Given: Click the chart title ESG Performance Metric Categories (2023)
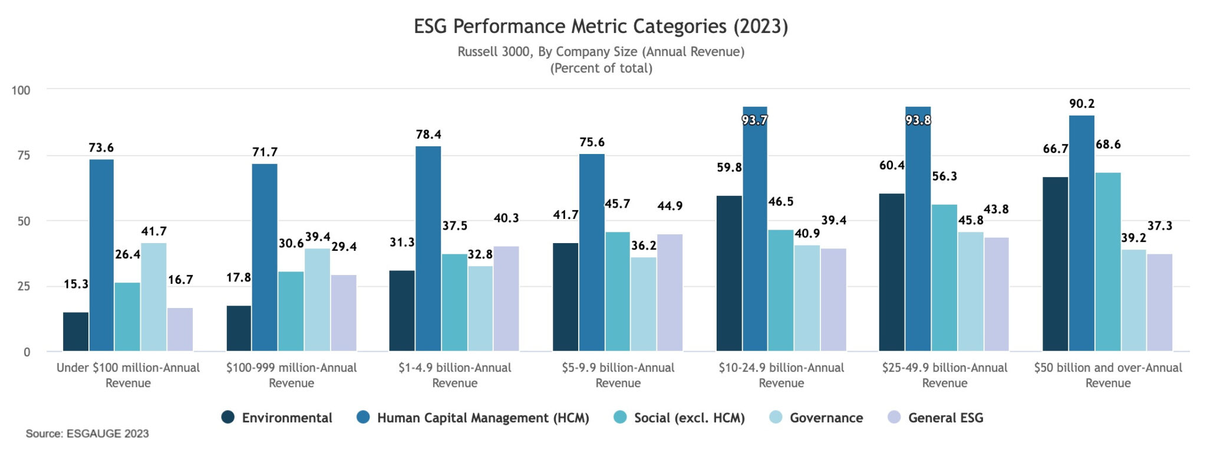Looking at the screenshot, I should pyautogui.click(x=601, y=27).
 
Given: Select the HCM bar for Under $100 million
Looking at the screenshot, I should pyautogui.click(x=101, y=255).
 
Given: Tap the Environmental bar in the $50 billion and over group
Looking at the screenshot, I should pyautogui.click(x=1055, y=264).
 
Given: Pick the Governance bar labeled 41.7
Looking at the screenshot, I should pyautogui.click(x=154, y=297).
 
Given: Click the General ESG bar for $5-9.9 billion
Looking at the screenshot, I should pyautogui.click(x=670, y=292).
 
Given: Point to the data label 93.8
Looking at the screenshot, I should pyautogui.click(x=918, y=120).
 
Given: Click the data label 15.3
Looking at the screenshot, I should pyautogui.click(x=76, y=284).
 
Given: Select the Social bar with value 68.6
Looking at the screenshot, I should pyautogui.click(x=1107, y=261).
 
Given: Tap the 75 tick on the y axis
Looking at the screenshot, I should pyautogui.click(x=24, y=156).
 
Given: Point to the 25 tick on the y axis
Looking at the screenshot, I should pyautogui.click(x=24, y=287).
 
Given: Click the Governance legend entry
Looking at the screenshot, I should pyautogui.click(x=826, y=418).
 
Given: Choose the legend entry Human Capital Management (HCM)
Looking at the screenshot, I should pyautogui.click(x=483, y=418).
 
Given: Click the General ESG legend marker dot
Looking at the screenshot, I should pyautogui.click(x=894, y=418).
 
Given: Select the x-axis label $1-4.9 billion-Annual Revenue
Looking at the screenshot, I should pyautogui.click(x=454, y=375).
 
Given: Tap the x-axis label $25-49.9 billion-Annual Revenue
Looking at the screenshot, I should pyautogui.click(x=944, y=375).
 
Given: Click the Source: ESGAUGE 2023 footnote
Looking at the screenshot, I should pyautogui.click(x=87, y=434).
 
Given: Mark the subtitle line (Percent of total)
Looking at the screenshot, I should pyautogui.click(x=601, y=68).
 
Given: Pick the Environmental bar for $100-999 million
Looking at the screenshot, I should pyautogui.click(x=239, y=328).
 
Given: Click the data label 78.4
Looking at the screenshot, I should pyautogui.click(x=428, y=135).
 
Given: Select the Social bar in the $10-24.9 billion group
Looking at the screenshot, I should pyautogui.click(x=780, y=290).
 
